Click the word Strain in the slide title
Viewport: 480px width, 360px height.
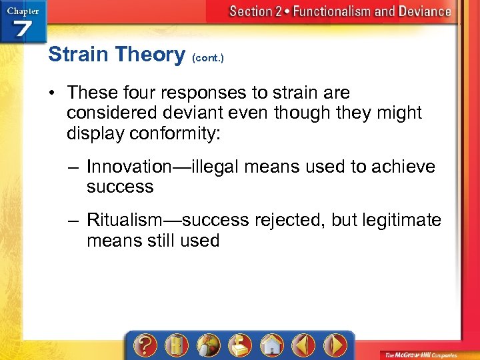pyautogui.click(x=79, y=55)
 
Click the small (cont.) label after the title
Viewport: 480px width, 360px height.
pyautogui.click(x=207, y=58)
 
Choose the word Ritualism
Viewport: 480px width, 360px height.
pyautogui.click(x=125, y=220)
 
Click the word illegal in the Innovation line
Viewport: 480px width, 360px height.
pyautogui.click(x=215, y=167)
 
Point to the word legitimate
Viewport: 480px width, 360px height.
pyautogui.click(x=401, y=220)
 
